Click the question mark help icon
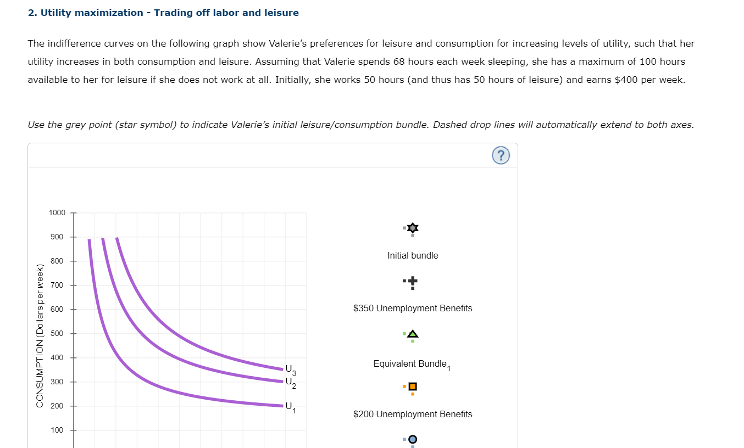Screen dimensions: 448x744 pos(501,156)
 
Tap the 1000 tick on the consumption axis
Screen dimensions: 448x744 pos(57,212)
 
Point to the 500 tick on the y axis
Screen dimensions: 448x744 pos(58,333)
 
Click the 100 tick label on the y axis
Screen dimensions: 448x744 pos(58,430)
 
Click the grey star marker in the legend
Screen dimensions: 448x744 pos(413,227)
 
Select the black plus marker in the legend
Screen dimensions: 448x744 pos(413,281)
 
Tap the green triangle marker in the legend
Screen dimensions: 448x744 pos(413,333)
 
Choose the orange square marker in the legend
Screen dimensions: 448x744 pos(413,387)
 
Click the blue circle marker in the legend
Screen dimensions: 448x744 pos(413,439)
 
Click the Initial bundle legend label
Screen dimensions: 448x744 pos(413,255)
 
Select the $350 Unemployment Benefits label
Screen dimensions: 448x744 pos(413,308)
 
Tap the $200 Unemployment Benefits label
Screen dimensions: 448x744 pos(413,414)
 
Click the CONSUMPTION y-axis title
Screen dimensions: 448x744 pos(40,336)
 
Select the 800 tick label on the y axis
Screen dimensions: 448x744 pos(58,261)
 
